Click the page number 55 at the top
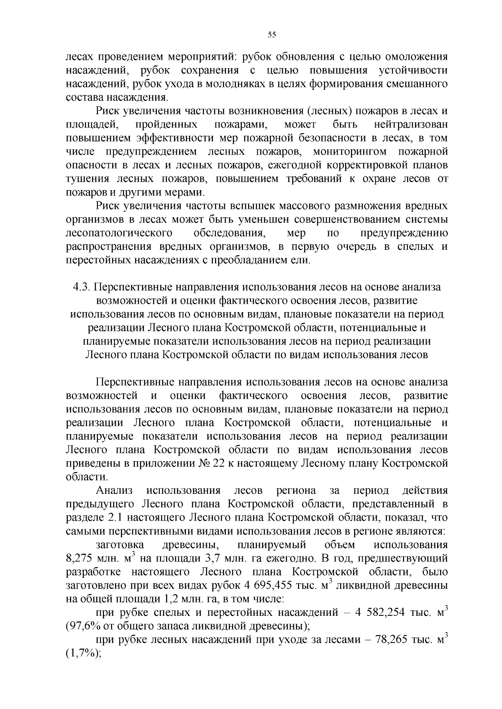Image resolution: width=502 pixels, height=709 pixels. click(x=271, y=35)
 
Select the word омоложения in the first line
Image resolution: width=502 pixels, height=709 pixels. click(x=410, y=57)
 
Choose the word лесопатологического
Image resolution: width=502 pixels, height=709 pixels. click(x=119, y=233)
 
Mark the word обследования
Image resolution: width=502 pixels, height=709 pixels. click(x=228, y=233)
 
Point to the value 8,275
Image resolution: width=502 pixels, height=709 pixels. click(x=79, y=558)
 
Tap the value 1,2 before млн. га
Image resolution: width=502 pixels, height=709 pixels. click(x=168, y=599)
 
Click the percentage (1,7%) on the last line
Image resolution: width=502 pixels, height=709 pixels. click(x=83, y=653)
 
